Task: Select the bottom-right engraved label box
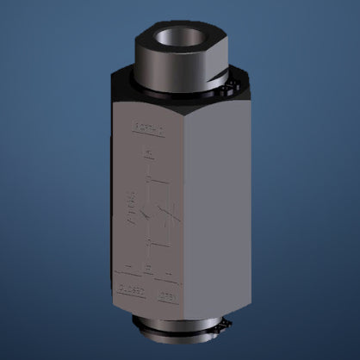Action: click(167, 296)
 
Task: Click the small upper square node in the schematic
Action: click(149, 180)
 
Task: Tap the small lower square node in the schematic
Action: click(149, 244)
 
